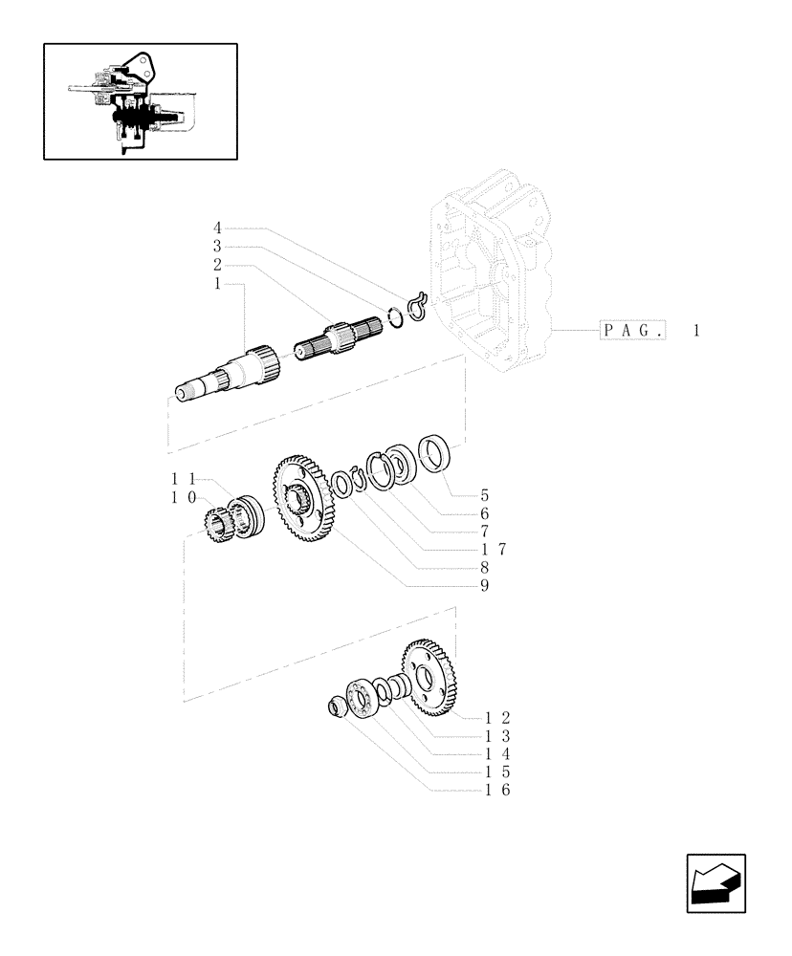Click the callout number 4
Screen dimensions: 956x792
(x=217, y=228)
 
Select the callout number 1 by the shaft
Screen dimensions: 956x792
(x=217, y=283)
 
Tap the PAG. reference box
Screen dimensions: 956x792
(x=633, y=331)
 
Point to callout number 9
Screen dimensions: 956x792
(x=485, y=584)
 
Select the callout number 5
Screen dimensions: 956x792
(x=485, y=495)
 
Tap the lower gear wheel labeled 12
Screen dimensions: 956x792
(x=429, y=680)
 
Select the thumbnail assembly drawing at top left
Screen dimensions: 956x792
(x=140, y=100)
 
